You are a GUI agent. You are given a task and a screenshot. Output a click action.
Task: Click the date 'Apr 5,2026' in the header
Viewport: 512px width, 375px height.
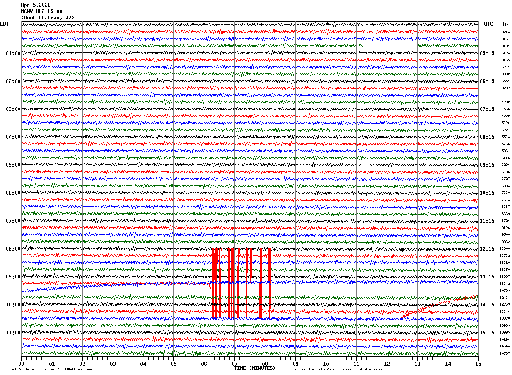(x=36, y=5)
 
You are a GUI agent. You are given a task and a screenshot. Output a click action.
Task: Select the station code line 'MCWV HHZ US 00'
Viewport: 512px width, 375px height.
(x=41, y=11)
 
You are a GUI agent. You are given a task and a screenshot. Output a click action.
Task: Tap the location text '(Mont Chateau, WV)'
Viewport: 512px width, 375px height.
(x=47, y=18)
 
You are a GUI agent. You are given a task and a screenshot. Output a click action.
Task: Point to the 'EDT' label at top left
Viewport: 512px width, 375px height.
(x=4, y=24)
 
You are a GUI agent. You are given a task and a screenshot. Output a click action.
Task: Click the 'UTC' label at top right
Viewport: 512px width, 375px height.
(x=489, y=24)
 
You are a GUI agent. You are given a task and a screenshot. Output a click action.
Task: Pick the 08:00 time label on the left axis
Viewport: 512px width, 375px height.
(x=13, y=249)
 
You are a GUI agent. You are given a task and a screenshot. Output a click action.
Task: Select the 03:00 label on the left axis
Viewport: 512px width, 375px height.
(x=13, y=109)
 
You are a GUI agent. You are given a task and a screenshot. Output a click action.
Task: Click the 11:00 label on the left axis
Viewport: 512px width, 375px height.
(x=13, y=333)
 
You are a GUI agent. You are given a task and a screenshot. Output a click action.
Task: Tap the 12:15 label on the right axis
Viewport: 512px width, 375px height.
(x=487, y=249)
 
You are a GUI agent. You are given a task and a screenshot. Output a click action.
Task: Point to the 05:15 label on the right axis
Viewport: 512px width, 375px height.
(x=487, y=53)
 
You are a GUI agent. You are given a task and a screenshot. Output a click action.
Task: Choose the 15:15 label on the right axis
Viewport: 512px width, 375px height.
(x=487, y=333)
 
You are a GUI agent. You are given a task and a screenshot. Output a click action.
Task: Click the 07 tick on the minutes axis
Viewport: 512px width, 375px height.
(x=234, y=364)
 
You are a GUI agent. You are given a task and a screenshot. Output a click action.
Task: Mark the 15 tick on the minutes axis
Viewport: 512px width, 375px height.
(x=478, y=364)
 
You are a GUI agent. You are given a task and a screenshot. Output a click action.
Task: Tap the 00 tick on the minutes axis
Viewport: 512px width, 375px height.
(x=21, y=364)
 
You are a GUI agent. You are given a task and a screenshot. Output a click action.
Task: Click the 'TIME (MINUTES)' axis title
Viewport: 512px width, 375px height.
(x=255, y=368)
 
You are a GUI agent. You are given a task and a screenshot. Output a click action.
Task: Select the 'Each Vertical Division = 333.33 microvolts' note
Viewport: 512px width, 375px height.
(x=54, y=369)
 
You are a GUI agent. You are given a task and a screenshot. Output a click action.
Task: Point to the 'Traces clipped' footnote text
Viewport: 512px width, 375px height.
(x=332, y=369)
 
